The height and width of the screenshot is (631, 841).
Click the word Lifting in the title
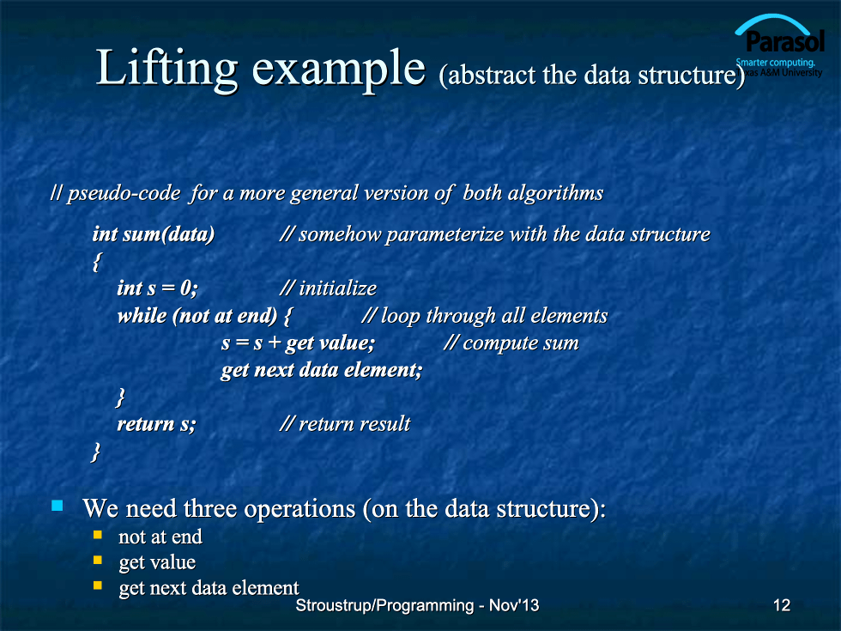[166, 68]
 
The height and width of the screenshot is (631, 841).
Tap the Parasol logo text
[784, 41]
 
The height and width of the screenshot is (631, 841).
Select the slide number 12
[782, 605]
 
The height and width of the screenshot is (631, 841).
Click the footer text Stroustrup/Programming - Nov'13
[417, 605]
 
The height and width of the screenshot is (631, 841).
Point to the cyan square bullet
[57, 506]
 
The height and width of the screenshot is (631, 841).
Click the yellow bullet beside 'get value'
[98, 560]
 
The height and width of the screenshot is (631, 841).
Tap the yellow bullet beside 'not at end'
[98, 534]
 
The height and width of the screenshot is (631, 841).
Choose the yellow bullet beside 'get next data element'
[98, 585]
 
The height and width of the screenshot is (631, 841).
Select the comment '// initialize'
[328, 288]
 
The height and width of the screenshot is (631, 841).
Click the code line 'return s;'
[156, 424]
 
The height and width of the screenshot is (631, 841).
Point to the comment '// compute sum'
[511, 343]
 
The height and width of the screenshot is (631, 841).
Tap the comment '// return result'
[345, 424]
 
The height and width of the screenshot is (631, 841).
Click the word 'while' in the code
[142, 316]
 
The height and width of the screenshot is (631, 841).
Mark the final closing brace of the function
[96, 452]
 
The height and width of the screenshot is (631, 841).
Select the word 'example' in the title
[338, 70]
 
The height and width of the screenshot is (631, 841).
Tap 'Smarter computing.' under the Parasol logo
[776, 62]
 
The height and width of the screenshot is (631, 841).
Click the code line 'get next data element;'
[322, 370]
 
